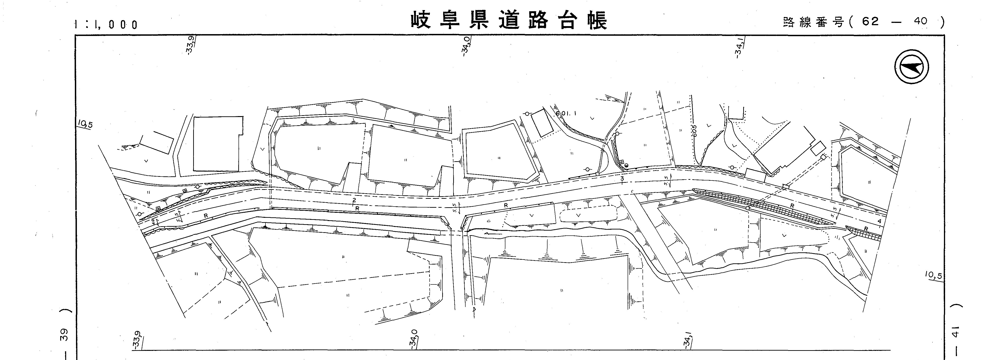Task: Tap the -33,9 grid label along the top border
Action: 191,45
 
